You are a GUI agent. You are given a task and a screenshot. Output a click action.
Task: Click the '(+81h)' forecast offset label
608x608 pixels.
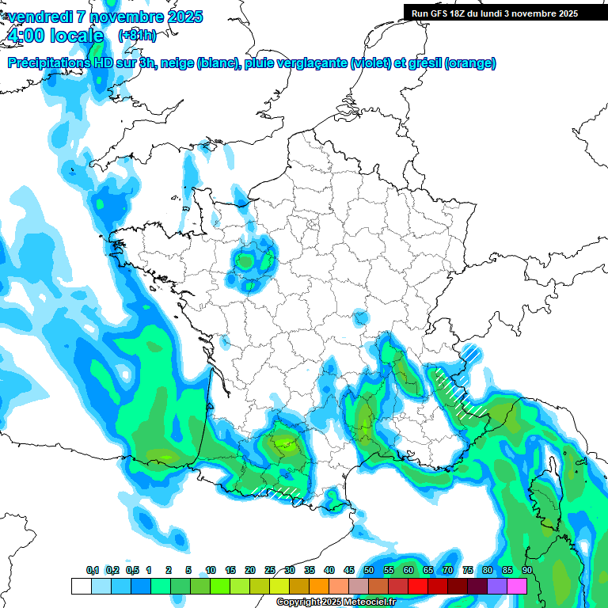(x=137, y=36)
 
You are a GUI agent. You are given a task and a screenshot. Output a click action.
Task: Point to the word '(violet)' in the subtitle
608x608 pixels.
(x=372, y=63)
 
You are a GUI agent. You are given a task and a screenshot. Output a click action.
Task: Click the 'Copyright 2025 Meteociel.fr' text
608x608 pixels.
(x=336, y=602)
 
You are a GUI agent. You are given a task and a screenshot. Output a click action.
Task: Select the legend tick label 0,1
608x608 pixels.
(x=92, y=571)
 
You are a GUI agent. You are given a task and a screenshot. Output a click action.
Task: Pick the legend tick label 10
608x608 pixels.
(x=211, y=571)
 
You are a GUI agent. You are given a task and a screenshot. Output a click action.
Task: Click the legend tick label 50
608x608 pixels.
(x=369, y=571)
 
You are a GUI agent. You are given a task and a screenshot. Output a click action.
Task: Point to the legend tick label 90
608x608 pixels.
(x=527, y=571)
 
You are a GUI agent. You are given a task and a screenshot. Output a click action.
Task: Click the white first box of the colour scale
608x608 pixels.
(x=81, y=586)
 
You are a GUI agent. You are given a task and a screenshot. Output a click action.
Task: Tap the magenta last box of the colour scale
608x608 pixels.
(x=517, y=586)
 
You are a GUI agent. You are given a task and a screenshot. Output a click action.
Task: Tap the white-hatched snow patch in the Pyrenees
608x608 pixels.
(x=283, y=492)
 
